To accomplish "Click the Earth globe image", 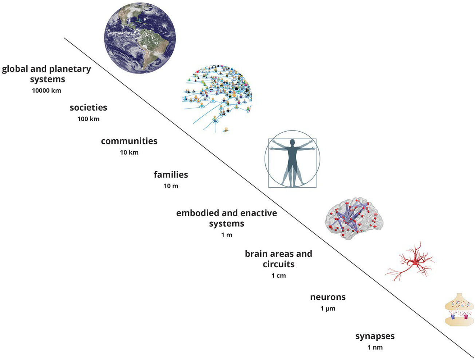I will click(x=139, y=36).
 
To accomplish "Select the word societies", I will click(x=88, y=108).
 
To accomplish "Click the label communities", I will click(x=129, y=141).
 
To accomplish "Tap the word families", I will click(x=171, y=175).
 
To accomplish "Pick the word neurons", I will click(x=328, y=297).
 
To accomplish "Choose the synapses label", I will click(x=375, y=336).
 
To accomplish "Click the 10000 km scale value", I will click(x=47, y=91).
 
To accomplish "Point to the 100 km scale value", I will click(x=88, y=119).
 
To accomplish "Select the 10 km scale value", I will click(x=129, y=152).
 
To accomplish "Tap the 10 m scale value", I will click(x=171, y=186).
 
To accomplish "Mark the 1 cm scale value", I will click(x=278, y=276).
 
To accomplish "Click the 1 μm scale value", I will click(x=328, y=308).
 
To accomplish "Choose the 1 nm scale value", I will click(x=375, y=347).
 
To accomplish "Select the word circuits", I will click(x=278, y=264).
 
